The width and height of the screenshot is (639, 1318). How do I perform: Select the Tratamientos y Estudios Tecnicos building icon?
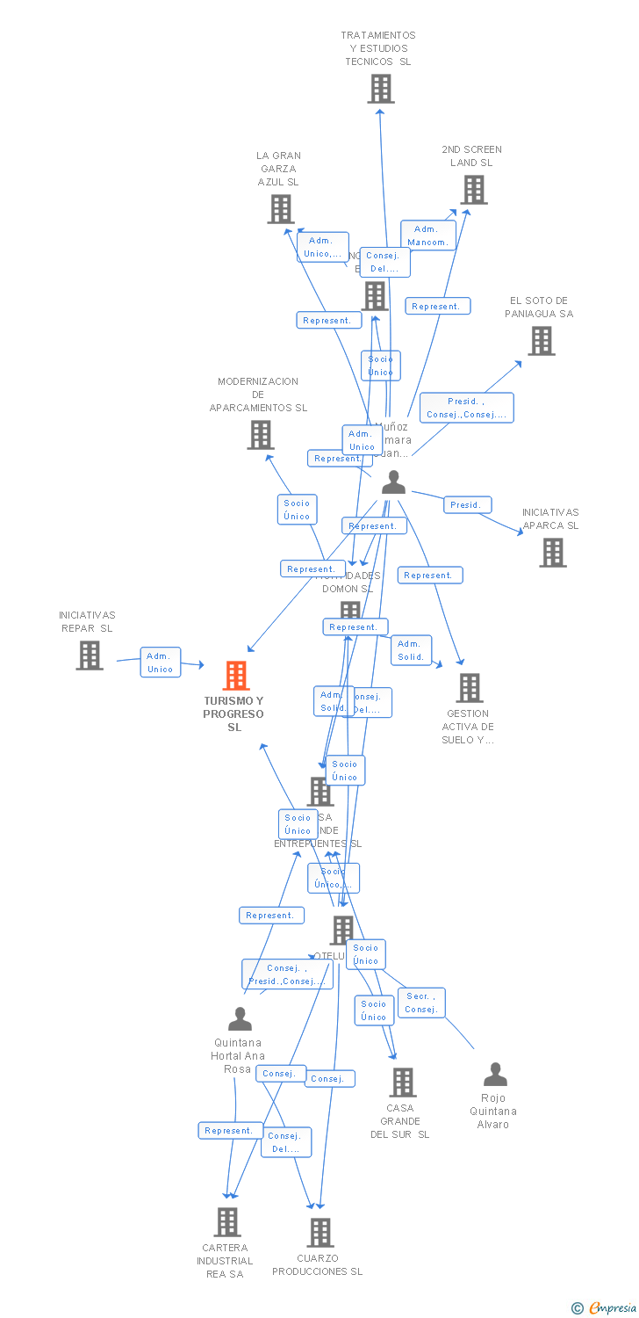pyautogui.click(x=380, y=89)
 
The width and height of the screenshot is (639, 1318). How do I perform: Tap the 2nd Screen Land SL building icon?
pyautogui.click(x=473, y=190)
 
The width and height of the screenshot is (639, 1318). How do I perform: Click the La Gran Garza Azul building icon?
pyautogui.click(x=280, y=209)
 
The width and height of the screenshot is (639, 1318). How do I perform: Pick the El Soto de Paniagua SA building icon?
pyautogui.click(x=542, y=341)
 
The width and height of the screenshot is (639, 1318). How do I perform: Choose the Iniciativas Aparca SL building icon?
pyautogui.click(x=552, y=553)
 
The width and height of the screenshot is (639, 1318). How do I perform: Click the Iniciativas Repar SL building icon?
pyautogui.click(x=89, y=655)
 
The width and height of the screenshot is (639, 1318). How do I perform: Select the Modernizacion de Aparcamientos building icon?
pyautogui.click(x=260, y=435)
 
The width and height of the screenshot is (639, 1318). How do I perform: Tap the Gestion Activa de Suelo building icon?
pyautogui.click(x=470, y=688)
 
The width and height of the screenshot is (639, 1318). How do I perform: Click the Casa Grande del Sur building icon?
pyautogui.click(x=403, y=1083)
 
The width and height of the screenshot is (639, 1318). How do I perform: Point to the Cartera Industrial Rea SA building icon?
pyautogui.click(x=227, y=1222)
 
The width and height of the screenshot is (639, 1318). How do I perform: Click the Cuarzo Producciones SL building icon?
pyautogui.click(x=320, y=1233)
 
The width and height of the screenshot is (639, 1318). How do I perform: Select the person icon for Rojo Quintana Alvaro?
pyautogui.click(x=495, y=1075)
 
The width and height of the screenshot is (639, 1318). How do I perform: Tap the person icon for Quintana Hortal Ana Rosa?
pyautogui.click(x=240, y=1019)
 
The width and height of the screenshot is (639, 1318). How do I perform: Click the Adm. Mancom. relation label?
pyautogui.click(x=428, y=235)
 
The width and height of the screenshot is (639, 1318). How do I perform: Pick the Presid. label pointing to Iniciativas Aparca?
pyautogui.click(x=467, y=505)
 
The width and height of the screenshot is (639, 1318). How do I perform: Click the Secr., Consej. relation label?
pyautogui.click(x=421, y=1003)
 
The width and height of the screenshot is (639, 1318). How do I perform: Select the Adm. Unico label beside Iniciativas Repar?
pyautogui.click(x=160, y=663)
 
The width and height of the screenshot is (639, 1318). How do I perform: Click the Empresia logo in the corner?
pyautogui.click(x=605, y=1308)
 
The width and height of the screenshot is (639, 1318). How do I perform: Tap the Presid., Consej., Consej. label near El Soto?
pyautogui.click(x=466, y=408)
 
